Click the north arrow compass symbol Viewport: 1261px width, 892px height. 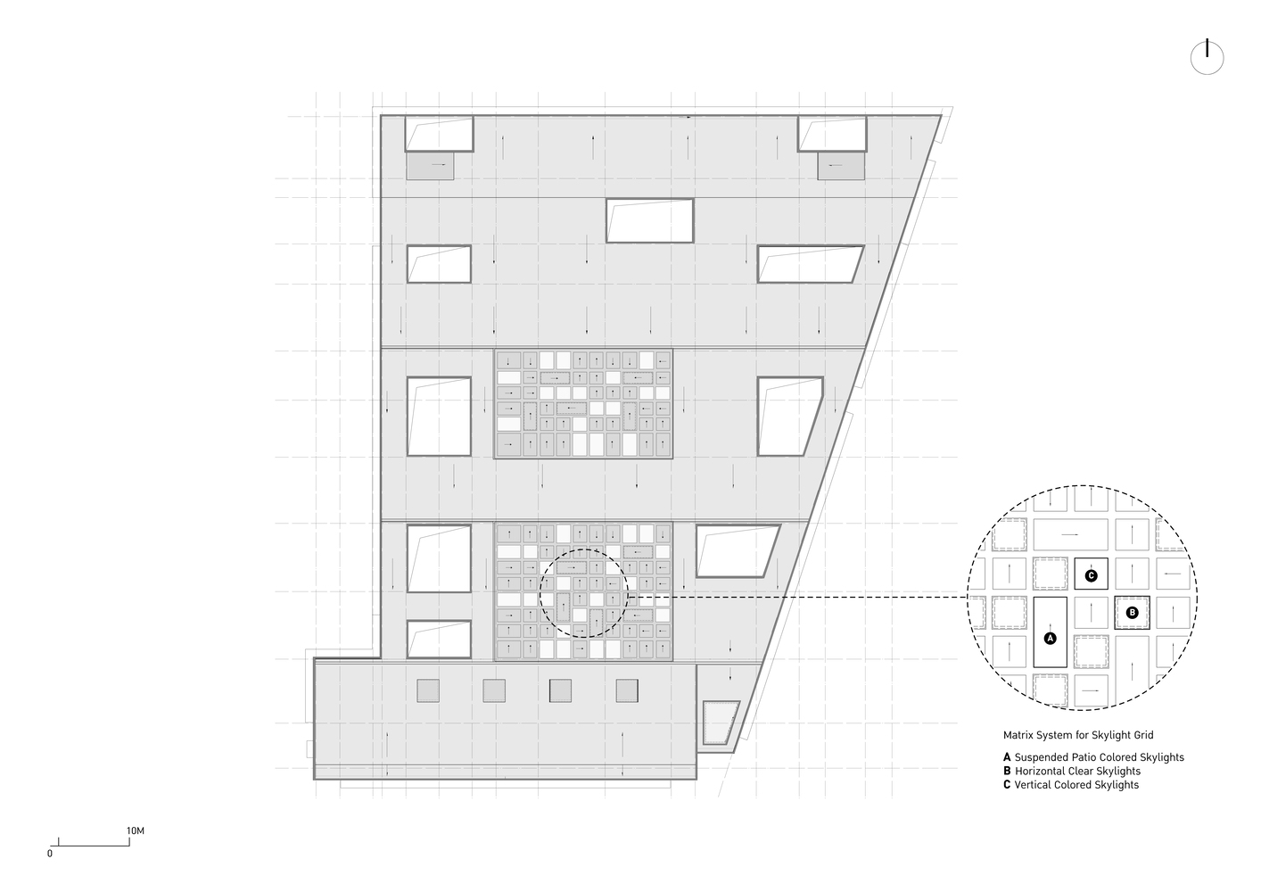tap(1207, 58)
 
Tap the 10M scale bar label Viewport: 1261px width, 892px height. tap(136, 830)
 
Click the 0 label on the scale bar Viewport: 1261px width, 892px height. tap(50, 854)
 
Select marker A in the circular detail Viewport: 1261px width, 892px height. tap(1050, 639)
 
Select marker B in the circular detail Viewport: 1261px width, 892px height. tap(1132, 613)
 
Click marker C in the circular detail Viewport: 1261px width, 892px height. tap(1091, 575)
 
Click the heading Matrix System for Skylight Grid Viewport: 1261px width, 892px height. tap(1078, 735)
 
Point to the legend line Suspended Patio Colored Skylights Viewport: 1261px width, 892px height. tap(1094, 757)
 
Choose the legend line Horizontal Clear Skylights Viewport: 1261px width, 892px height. tap(1072, 771)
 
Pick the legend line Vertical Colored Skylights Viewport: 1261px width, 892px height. tap(1071, 784)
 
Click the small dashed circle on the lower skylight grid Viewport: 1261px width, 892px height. tap(584, 549)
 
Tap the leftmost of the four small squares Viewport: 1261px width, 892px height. tap(428, 690)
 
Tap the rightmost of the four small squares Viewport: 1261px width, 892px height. tap(627, 690)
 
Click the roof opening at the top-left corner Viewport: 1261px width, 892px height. tap(439, 134)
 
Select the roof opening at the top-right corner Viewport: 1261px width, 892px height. tap(832, 134)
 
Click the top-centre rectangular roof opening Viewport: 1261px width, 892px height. tap(649, 220)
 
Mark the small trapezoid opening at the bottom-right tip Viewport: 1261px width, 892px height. tap(720, 723)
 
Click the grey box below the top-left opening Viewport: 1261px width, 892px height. tap(430, 166)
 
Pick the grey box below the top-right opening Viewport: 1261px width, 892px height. tap(841, 166)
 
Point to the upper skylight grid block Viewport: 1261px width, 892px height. tap(583, 403)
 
